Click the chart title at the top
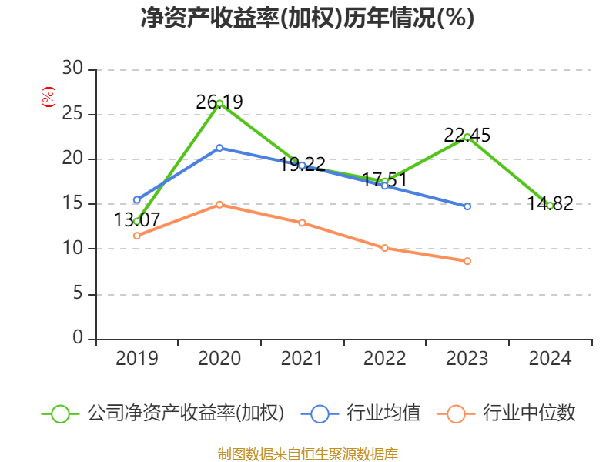[307, 18]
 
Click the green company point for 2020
[219, 103]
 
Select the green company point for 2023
[467, 137]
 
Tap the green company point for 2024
[550, 206]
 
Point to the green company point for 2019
[136, 221]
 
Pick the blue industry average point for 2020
[219, 148]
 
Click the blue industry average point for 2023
[467, 206]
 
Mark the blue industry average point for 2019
[136, 200]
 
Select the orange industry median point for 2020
[219, 205]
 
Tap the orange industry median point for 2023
[467, 261]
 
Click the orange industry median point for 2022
[384, 248]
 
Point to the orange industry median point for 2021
[302, 223]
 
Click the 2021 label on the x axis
[302, 359]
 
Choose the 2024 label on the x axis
[550, 359]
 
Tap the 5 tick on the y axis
[77, 294]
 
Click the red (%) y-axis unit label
[49, 98]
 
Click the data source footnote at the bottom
[307, 454]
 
